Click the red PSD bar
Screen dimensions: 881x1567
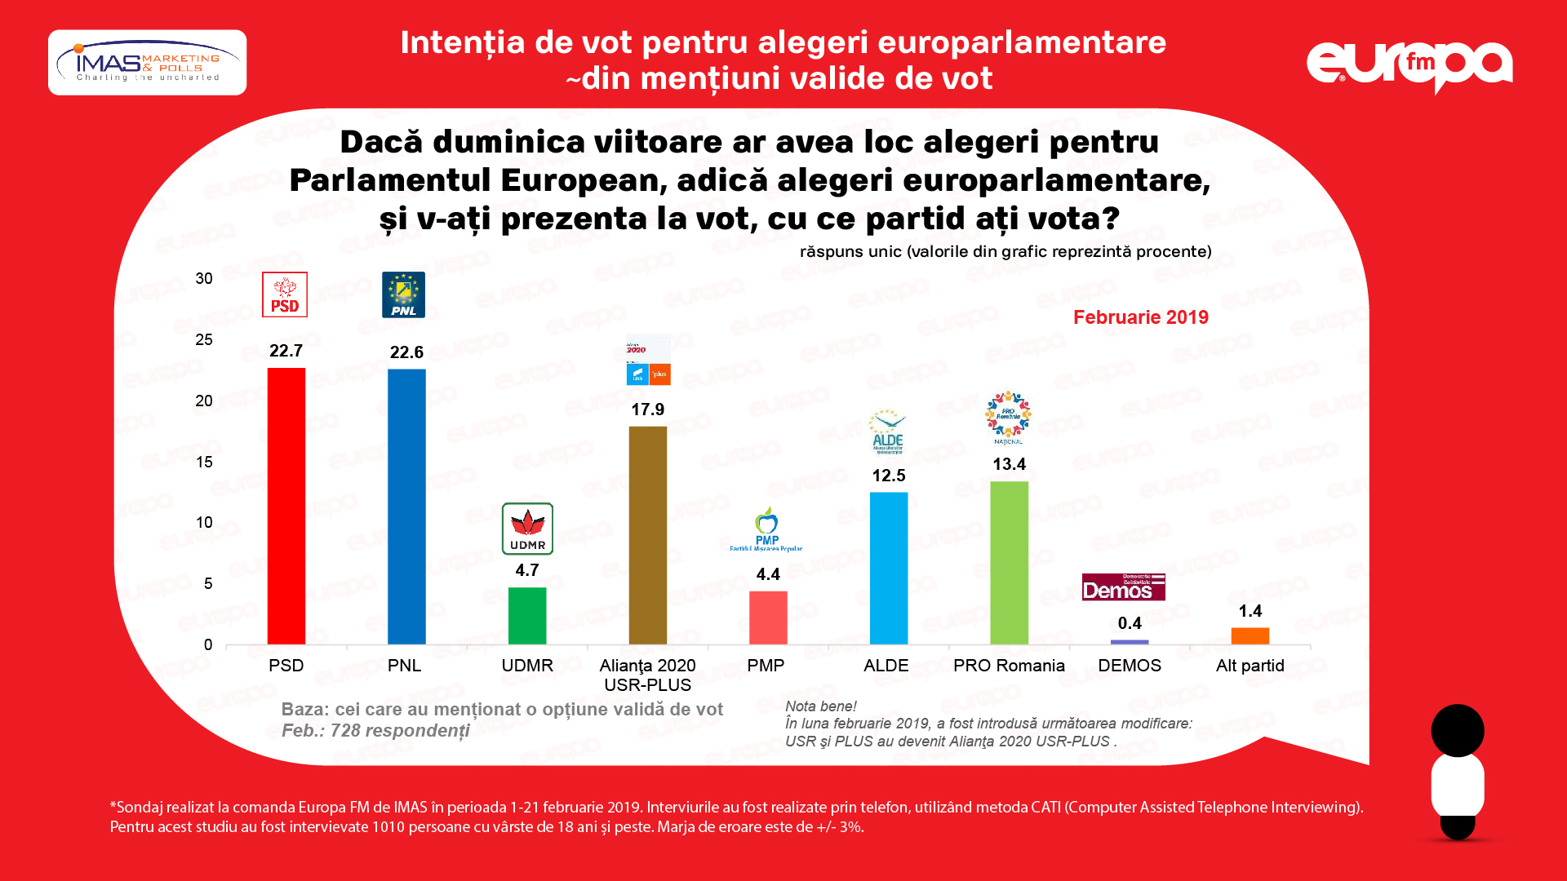point(286,506)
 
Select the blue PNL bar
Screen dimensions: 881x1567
point(406,506)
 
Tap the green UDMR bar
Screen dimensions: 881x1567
point(527,616)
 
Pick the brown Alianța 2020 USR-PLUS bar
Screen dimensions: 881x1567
point(648,535)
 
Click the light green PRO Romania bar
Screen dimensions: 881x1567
point(1010,563)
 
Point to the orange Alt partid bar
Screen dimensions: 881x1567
point(1250,635)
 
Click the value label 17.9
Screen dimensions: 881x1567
point(648,410)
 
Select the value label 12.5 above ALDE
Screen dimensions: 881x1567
point(889,476)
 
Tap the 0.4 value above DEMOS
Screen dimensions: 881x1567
point(1130,623)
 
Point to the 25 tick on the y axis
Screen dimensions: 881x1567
point(204,339)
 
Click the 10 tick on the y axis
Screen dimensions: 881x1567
point(204,522)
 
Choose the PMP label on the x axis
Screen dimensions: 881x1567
point(766,666)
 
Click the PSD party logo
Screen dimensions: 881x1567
point(285,294)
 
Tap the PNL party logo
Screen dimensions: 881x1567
point(403,294)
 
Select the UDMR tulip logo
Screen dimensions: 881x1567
point(527,529)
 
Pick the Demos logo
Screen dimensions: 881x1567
point(1123,587)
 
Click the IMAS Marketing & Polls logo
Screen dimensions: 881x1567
point(148,63)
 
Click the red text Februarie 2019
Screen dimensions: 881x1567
point(1140,317)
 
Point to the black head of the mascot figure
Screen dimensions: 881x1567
point(1458,730)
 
